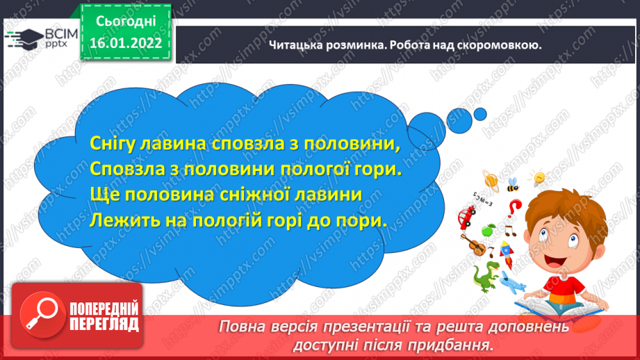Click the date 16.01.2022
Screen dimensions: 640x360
pyautogui.click(x=126, y=43)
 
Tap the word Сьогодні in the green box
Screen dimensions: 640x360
pyautogui.click(x=126, y=22)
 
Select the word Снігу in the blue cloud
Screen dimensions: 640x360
pyautogui.click(x=113, y=144)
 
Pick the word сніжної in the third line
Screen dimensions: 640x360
pyautogui.click(x=252, y=195)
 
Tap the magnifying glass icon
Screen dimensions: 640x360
pyautogui.click(x=42, y=314)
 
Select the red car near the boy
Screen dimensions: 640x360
pyautogui.click(x=466, y=216)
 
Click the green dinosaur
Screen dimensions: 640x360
pyautogui.click(x=486, y=276)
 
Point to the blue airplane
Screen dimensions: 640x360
pyautogui.click(x=512, y=282)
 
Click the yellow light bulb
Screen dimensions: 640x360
pyautogui.click(x=537, y=177)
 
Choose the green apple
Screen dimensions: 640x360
pyautogui.click(x=488, y=230)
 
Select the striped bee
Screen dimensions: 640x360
pyautogui.click(x=513, y=184)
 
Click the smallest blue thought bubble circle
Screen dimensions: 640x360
pyautogui.click(x=480, y=114)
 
